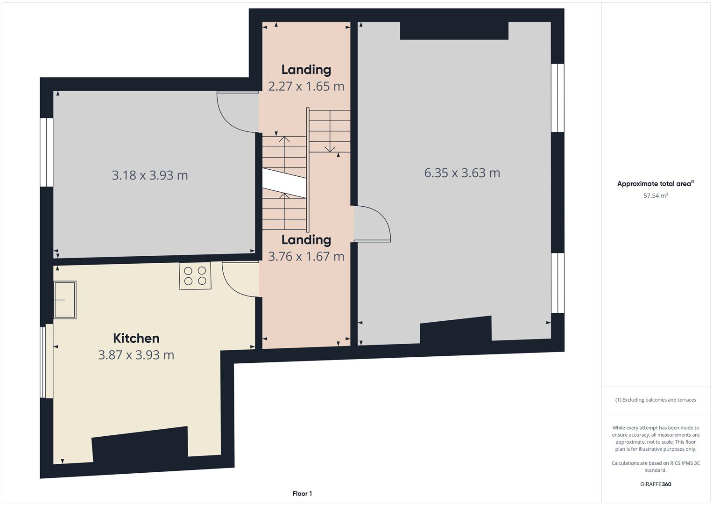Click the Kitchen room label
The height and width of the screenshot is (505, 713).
tap(136, 338)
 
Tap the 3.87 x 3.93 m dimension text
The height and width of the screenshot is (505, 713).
tap(136, 355)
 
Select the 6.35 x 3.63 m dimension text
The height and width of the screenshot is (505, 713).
tap(462, 173)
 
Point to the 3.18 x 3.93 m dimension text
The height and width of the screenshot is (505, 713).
tap(150, 175)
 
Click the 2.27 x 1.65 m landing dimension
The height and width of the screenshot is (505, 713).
tap(306, 87)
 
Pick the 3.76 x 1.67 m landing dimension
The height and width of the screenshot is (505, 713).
tap(306, 257)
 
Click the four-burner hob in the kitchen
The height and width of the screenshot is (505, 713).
tap(195, 276)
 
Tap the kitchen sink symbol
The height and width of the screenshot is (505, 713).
tap(65, 300)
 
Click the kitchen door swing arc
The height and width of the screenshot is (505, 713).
tap(234, 286)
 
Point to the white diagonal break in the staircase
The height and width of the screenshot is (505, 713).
tap(284, 183)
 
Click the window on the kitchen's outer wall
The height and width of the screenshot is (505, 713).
tap(47, 361)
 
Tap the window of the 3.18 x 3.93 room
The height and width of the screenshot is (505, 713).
tap(47, 152)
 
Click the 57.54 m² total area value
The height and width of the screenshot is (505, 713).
tap(656, 196)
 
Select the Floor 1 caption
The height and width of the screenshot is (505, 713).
tap(302, 493)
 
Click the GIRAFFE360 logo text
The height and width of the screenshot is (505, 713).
tap(656, 484)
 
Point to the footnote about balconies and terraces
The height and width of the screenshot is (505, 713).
tap(656, 400)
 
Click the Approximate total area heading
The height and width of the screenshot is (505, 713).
tap(656, 184)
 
